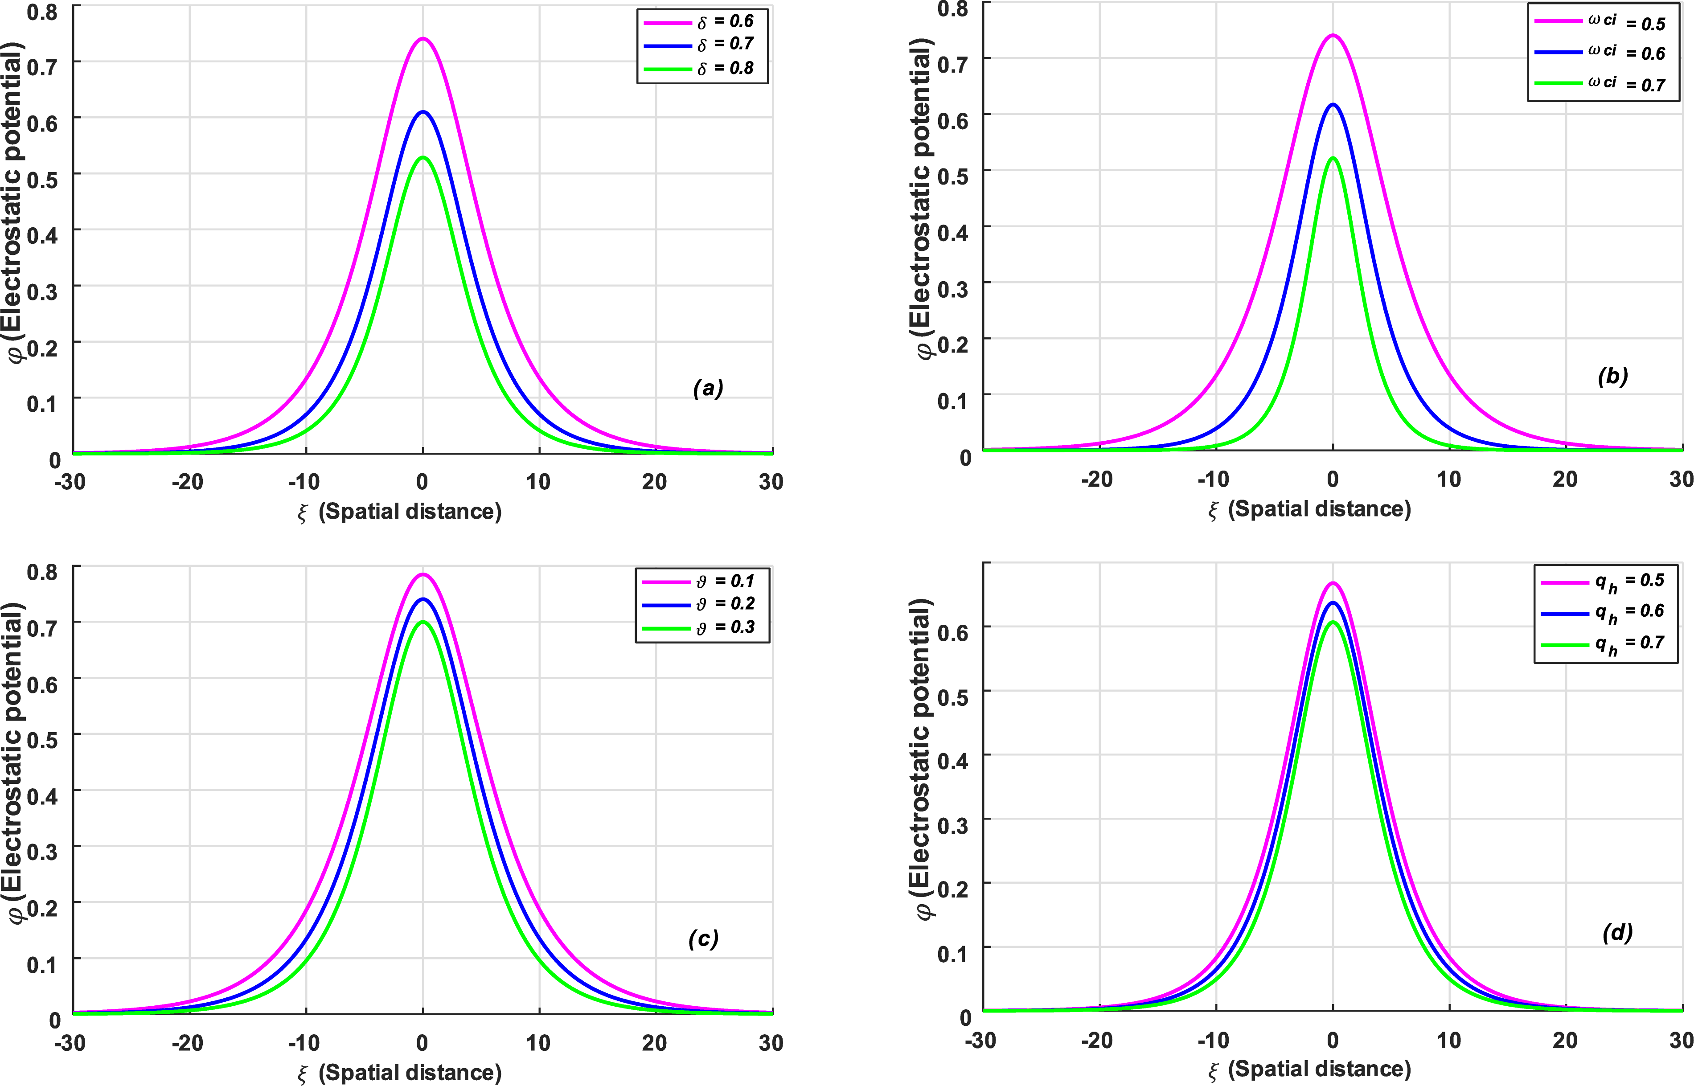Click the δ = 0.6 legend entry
coord(698,22)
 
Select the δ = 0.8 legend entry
coord(698,68)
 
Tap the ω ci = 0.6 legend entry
coord(1600,52)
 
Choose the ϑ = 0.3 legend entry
coord(698,627)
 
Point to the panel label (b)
coord(1613,377)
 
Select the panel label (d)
coord(1617,933)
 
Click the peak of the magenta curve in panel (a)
coord(422,39)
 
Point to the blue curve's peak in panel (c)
coord(422,599)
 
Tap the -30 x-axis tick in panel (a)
coord(70,482)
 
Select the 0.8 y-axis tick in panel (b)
coord(953,9)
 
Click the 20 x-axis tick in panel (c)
coord(654,1042)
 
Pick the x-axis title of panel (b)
coord(1309,509)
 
